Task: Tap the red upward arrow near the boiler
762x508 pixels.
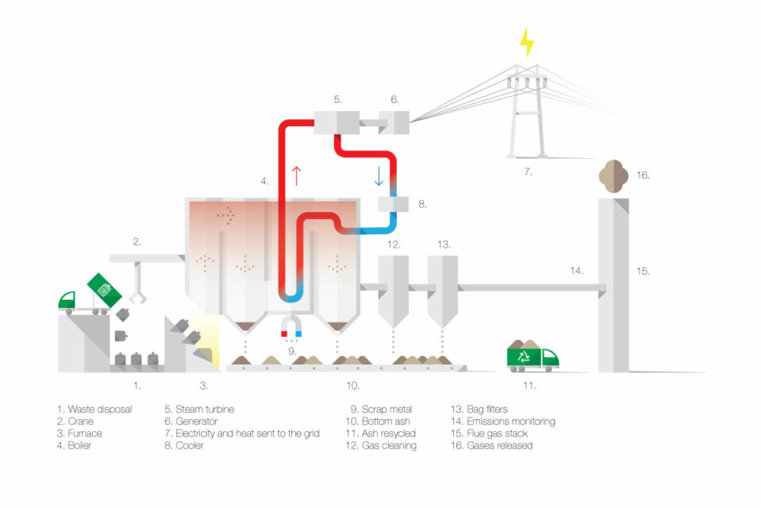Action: point(297,175)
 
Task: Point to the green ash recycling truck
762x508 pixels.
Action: point(533,356)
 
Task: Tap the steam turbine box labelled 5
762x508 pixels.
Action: point(337,121)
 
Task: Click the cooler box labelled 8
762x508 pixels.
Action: point(394,203)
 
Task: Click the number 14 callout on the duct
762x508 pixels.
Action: point(576,271)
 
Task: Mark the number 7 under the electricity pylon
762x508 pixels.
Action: point(527,171)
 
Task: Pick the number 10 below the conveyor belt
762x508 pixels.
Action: point(353,387)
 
